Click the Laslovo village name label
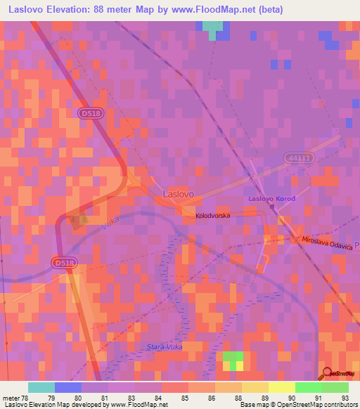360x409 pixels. (177, 193)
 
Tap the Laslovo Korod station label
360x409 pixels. (271, 199)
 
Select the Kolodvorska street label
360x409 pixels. (213, 216)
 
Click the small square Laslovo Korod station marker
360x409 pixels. (272, 207)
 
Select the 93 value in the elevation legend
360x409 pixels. (345, 398)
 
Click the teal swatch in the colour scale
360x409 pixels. (41, 387)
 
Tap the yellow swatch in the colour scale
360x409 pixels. (281, 387)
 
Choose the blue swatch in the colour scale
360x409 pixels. (68, 387)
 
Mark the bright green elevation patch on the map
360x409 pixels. (233, 357)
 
